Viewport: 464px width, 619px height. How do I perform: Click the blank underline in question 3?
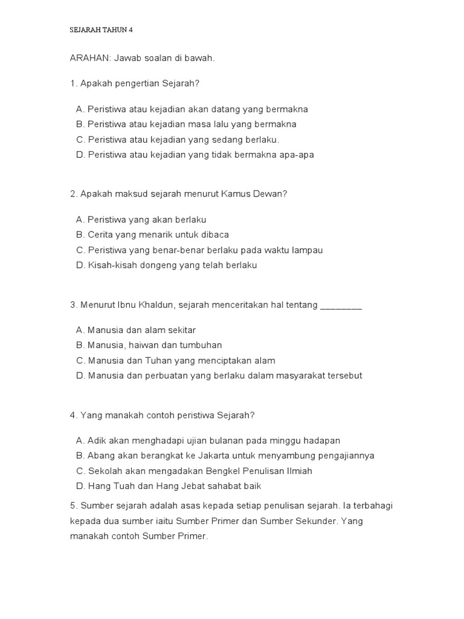[x=341, y=306]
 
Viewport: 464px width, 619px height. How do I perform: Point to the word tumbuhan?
[x=201, y=345]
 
